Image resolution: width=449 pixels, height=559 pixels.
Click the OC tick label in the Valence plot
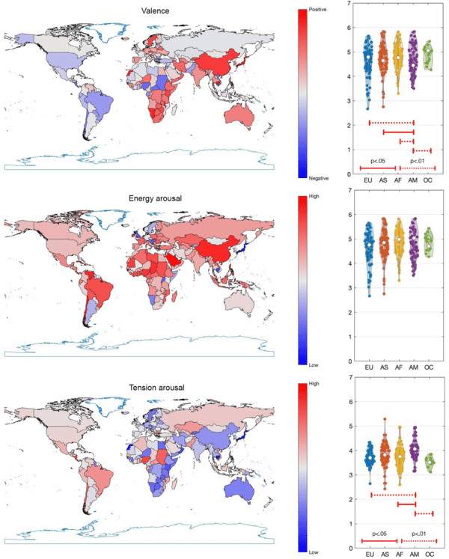click(429, 182)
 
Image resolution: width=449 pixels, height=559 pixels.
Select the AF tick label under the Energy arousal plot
click(399, 368)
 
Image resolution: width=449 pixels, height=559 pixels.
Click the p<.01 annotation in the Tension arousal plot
click(419, 534)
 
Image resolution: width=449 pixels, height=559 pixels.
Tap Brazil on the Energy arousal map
click(95, 287)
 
